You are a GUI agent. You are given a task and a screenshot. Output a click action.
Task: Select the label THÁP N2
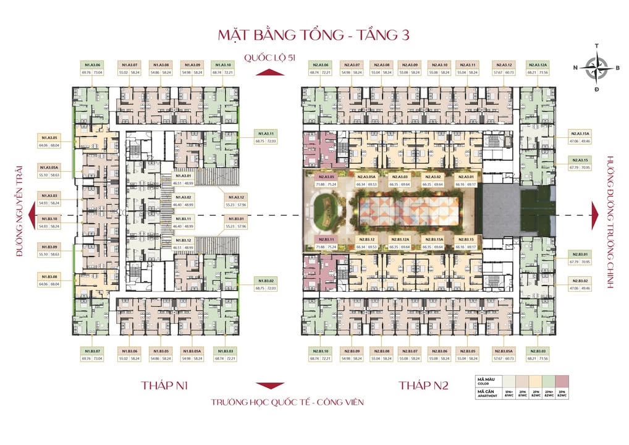423,386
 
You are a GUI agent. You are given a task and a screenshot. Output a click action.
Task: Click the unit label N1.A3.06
90,64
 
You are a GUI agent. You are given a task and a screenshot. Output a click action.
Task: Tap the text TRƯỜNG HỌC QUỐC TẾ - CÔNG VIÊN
287,402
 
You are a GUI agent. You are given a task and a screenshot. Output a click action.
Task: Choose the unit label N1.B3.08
49,277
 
